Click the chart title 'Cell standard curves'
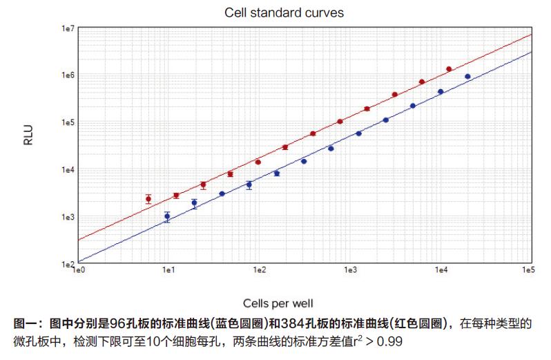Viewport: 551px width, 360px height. [x=284, y=13]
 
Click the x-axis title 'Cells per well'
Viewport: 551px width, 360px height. [x=284, y=303]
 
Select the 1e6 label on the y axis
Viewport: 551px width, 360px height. [x=68, y=76]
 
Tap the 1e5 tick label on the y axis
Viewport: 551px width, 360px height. [x=68, y=123]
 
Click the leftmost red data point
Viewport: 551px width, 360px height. [x=148, y=199]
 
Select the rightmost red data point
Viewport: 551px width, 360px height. [x=449, y=69]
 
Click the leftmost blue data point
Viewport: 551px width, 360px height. [x=167, y=216]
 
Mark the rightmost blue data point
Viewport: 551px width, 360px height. [x=467, y=77]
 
